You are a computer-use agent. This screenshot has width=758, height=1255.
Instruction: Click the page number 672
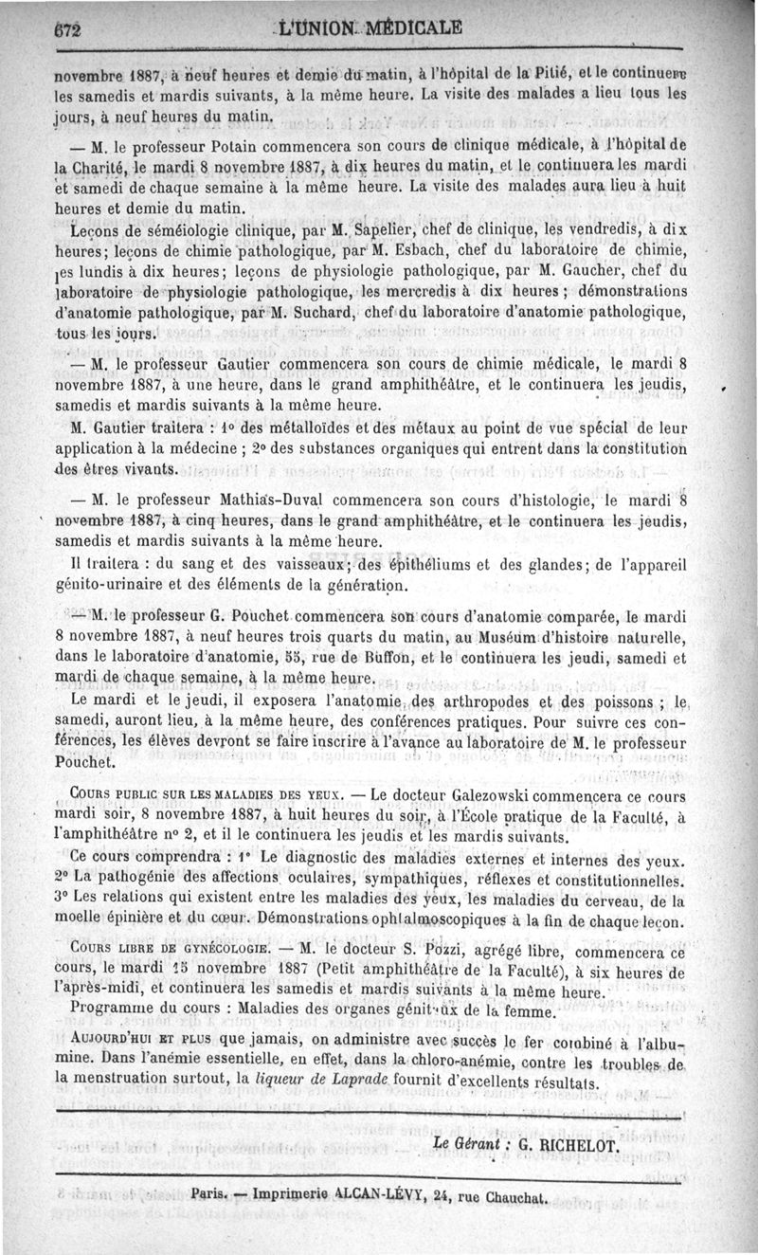click(x=69, y=29)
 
